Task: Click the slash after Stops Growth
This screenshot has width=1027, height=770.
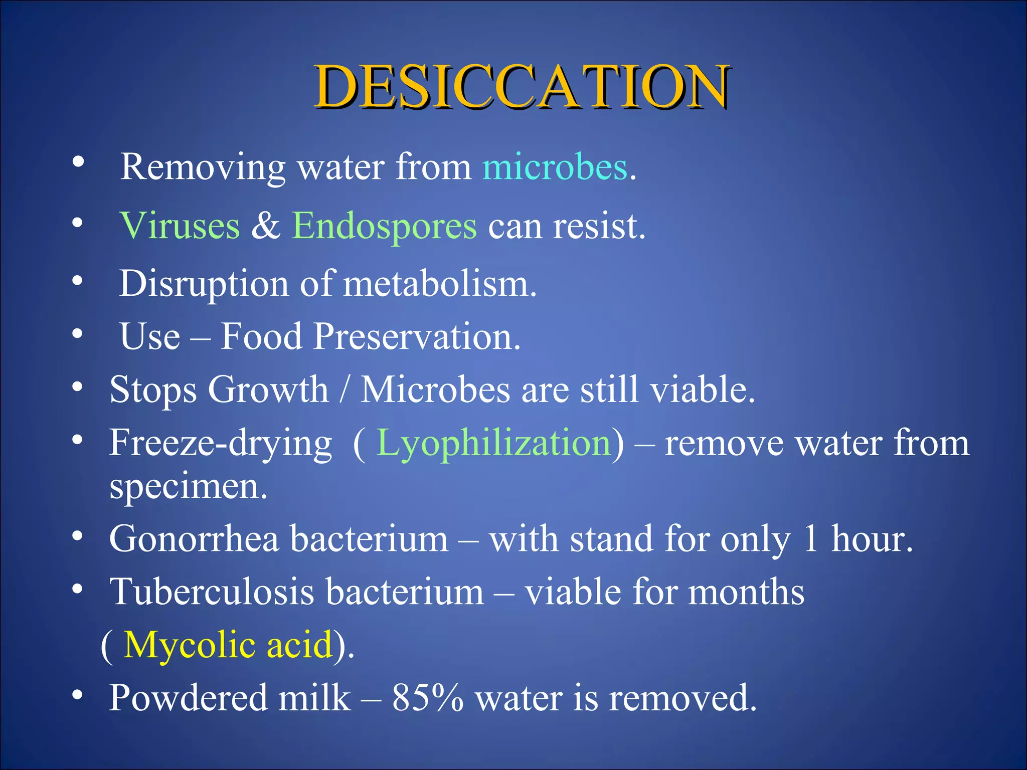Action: [x=344, y=390]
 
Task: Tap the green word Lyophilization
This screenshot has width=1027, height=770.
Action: [x=493, y=443]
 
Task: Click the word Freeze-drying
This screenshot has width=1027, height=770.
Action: [x=221, y=443]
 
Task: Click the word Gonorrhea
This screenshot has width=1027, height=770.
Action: [x=194, y=539]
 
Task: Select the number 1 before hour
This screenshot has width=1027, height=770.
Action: [x=810, y=539]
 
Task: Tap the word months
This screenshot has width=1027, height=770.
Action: [x=746, y=592]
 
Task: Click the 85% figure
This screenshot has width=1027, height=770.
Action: [x=427, y=698]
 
